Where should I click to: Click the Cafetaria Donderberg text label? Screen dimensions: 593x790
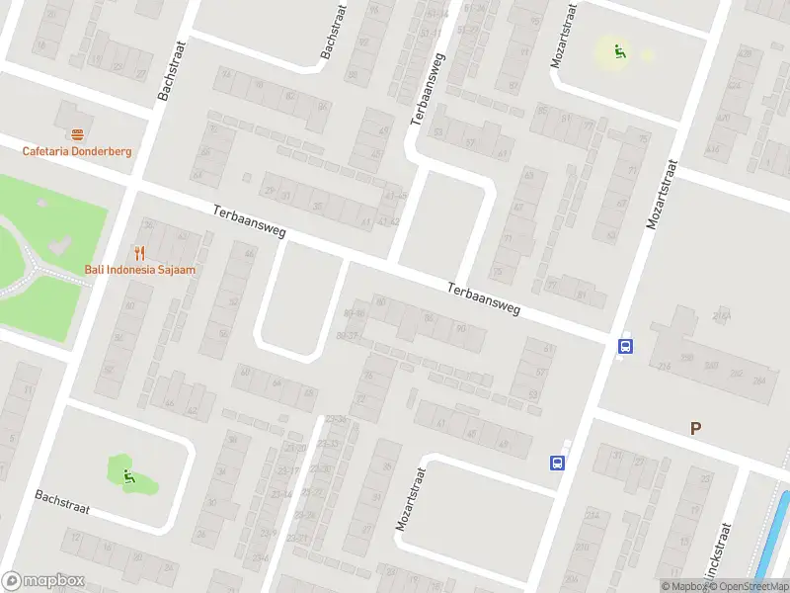(x=77, y=151)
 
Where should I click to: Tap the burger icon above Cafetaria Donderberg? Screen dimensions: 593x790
(x=77, y=133)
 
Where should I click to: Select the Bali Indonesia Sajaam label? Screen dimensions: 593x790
(x=138, y=269)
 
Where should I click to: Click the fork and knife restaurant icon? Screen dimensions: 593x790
(x=139, y=252)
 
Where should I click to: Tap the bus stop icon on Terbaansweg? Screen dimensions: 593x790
(x=625, y=346)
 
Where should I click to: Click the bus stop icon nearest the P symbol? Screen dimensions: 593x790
(x=557, y=462)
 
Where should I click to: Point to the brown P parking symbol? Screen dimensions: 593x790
(x=695, y=428)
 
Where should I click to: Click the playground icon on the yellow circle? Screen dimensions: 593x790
(x=619, y=51)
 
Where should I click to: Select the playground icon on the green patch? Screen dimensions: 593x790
(x=128, y=476)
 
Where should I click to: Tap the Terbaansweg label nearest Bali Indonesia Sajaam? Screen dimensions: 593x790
(x=249, y=221)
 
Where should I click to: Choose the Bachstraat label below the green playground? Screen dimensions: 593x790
(x=62, y=502)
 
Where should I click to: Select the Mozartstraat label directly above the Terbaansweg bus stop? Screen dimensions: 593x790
(x=663, y=194)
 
